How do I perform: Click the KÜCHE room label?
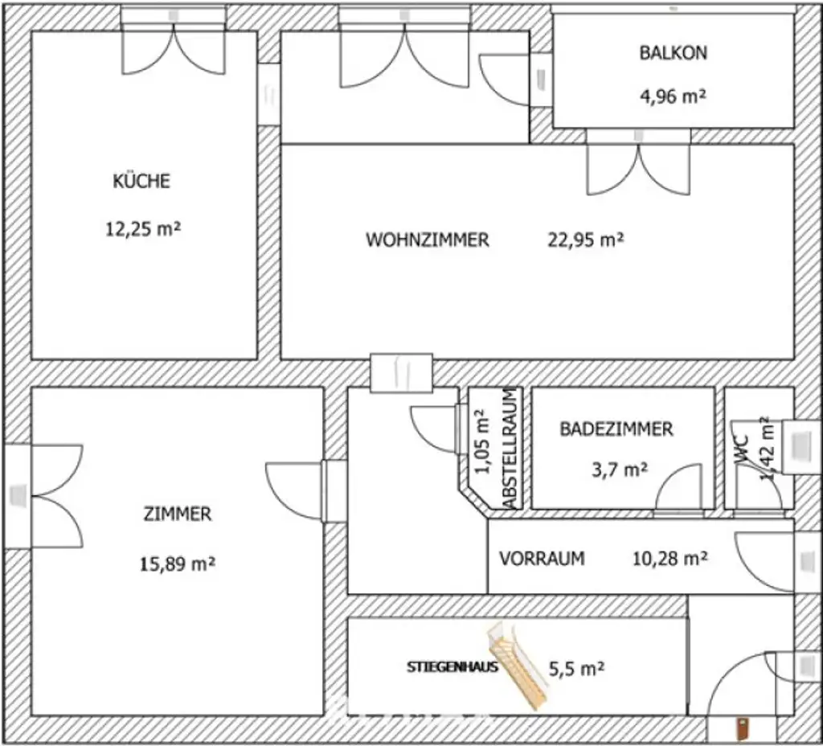[141, 181]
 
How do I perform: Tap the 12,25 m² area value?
[142, 229]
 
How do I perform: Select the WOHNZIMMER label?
[427, 240]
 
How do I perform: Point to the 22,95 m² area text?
[586, 240]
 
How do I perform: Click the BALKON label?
[673, 53]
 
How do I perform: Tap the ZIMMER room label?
[178, 514]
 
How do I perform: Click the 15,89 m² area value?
[178, 563]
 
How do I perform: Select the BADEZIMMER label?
[616, 429]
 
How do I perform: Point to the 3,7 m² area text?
[620, 470]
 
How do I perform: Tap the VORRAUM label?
[542, 558]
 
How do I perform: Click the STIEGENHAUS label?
[452, 666]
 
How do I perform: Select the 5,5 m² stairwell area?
[576, 667]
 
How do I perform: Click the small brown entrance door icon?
[743, 728]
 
